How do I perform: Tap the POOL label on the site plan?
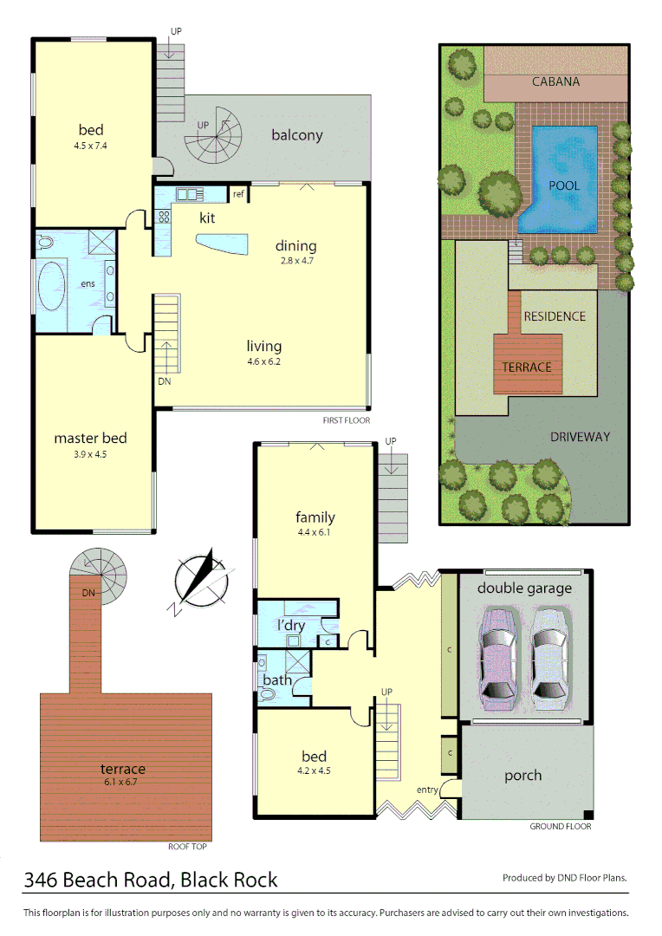coord(564,185)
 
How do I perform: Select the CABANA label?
coord(555,82)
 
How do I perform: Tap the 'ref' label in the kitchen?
coord(238,194)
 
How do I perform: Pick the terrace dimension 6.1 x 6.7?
coord(122,782)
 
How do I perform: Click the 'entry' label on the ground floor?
coord(427,789)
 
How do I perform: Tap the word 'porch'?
coord(522,776)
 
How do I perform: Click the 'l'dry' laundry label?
coord(290,626)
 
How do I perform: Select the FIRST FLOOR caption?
coord(346,420)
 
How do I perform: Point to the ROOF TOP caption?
coord(187,847)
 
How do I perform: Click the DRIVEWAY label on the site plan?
coord(580,437)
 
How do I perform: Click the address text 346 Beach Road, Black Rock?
coord(151,881)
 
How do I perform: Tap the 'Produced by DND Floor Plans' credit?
coord(564,878)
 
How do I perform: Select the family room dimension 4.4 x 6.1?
coord(315,533)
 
